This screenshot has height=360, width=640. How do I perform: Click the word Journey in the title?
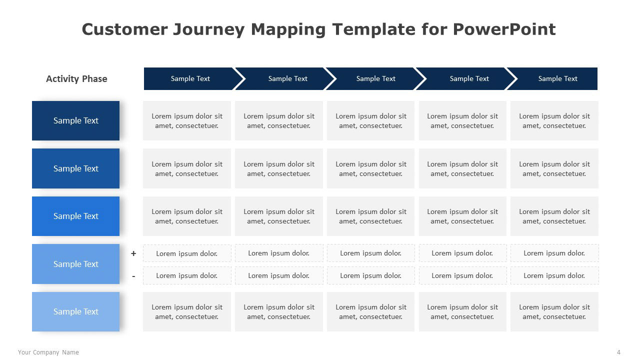(209, 29)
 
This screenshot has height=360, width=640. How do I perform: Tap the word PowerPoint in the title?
(504, 29)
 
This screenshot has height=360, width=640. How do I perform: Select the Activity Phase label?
(76, 79)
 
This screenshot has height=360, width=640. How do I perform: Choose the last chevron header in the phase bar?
(554, 79)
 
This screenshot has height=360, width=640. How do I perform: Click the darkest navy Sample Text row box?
(75, 120)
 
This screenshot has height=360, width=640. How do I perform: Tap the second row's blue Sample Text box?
(75, 168)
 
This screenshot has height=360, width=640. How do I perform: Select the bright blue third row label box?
(75, 216)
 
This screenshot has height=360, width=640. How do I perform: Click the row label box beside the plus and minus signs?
(75, 264)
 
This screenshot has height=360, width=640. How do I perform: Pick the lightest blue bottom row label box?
(75, 311)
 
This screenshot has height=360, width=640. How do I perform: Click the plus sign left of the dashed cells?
(133, 253)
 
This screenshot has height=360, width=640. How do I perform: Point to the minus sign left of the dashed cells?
(133, 276)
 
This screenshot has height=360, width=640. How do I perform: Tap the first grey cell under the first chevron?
(187, 120)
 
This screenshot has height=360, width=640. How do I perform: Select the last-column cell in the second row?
(554, 168)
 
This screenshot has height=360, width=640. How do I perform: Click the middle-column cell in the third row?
(370, 216)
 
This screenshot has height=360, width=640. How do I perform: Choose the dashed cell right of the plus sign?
(187, 253)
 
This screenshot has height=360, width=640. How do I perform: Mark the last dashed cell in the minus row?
(554, 275)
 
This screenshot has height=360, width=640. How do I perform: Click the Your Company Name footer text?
(48, 352)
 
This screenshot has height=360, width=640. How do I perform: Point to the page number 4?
(618, 352)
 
